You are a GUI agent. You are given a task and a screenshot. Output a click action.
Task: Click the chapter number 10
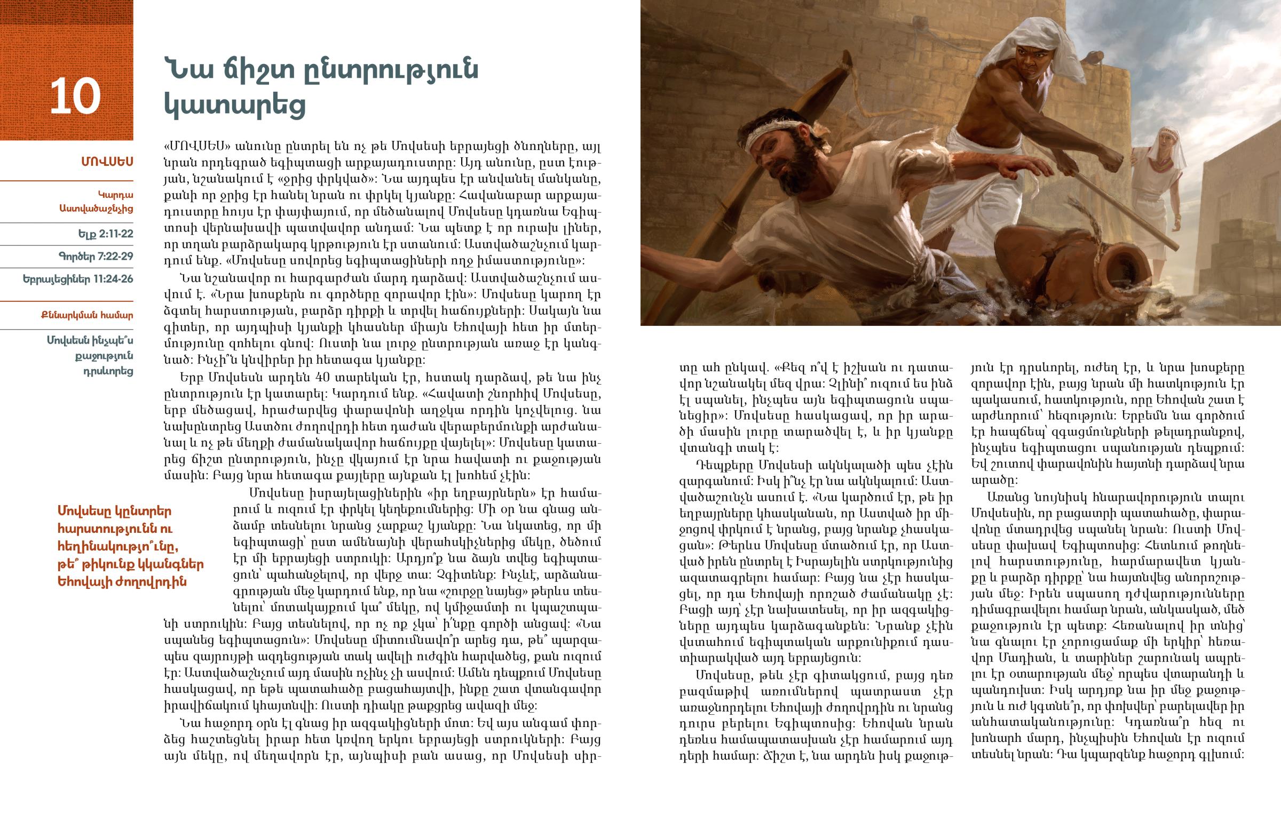[x=75, y=97]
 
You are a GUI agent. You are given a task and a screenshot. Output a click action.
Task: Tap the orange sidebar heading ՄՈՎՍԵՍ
[x=107, y=162]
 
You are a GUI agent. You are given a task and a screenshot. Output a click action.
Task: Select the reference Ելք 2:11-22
[x=105, y=234]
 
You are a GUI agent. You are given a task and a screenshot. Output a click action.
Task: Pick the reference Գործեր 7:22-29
[x=96, y=257]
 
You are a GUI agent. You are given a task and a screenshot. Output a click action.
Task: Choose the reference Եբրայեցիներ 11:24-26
[x=78, y=279]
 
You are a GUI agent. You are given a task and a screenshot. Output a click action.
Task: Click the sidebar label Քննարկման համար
[x=87, y=315]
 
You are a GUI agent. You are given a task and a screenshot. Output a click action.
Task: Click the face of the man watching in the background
[x=1164, y=146]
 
